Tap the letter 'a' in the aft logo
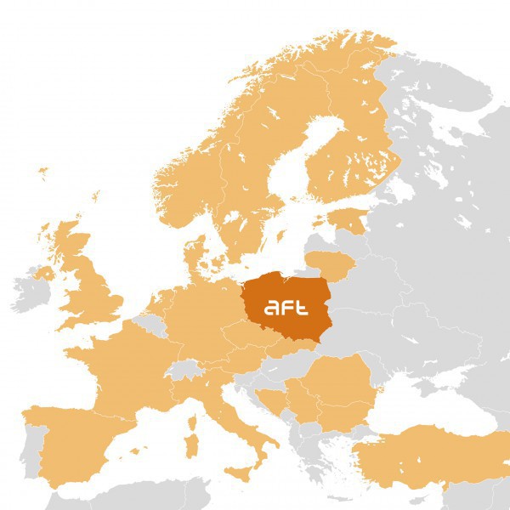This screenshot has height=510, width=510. pyautogui.click(x=271, y=309)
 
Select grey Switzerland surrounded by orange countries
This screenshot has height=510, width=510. pyautogui.click(x=183, y=369)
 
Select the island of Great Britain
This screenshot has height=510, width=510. pyautogui.click(x=89, y=280)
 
